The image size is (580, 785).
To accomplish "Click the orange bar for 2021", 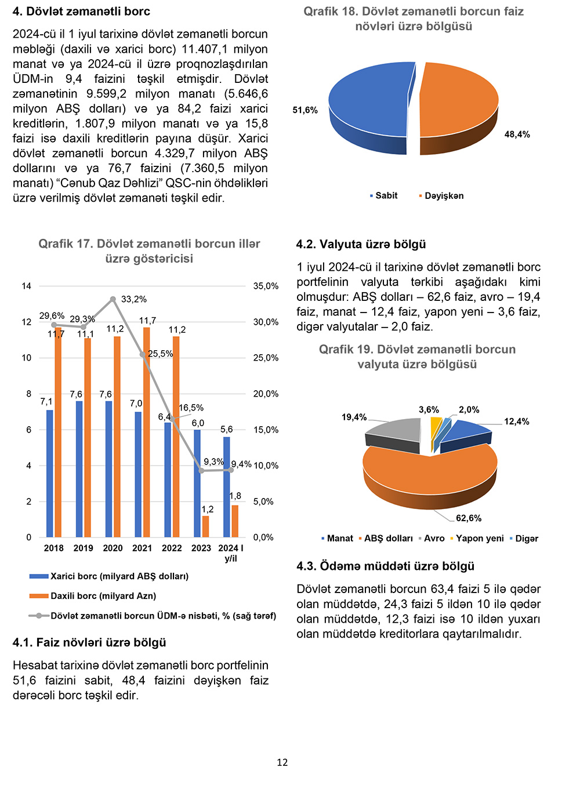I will pyautogui.click(x=147, y=432).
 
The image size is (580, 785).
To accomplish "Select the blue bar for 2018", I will pyautogui.click(x=50, y=473).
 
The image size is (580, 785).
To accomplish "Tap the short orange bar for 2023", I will pyautogui.click(x=205, y=526).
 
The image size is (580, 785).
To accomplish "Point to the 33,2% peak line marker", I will pyautogui.click(x=113, y=299).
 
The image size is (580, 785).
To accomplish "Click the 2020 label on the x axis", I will pyautogui.click(x=113, y=548).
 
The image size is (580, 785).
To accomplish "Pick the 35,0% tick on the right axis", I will pyautogui.click(x=266, y=286).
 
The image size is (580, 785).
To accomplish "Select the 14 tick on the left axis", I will pyautogui.click(x=27, y=286).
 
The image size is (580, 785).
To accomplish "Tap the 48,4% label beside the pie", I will pyautogui.click(x=517, y=135).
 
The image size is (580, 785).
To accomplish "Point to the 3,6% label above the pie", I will pyautogui.click(x=429, y=410).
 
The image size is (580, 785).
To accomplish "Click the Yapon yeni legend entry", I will pyautogui.click(x=479, y=539).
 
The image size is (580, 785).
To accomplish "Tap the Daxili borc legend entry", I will pyautogui.click(x=103, y=596).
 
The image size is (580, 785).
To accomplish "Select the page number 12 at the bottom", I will pyautogui.click(x=282, y=762).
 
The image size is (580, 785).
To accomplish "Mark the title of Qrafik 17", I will pyautogui.click(x=149, y=251).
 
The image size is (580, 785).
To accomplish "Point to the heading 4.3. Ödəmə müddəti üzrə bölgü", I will pyautogui.click(x=385, y=566).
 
